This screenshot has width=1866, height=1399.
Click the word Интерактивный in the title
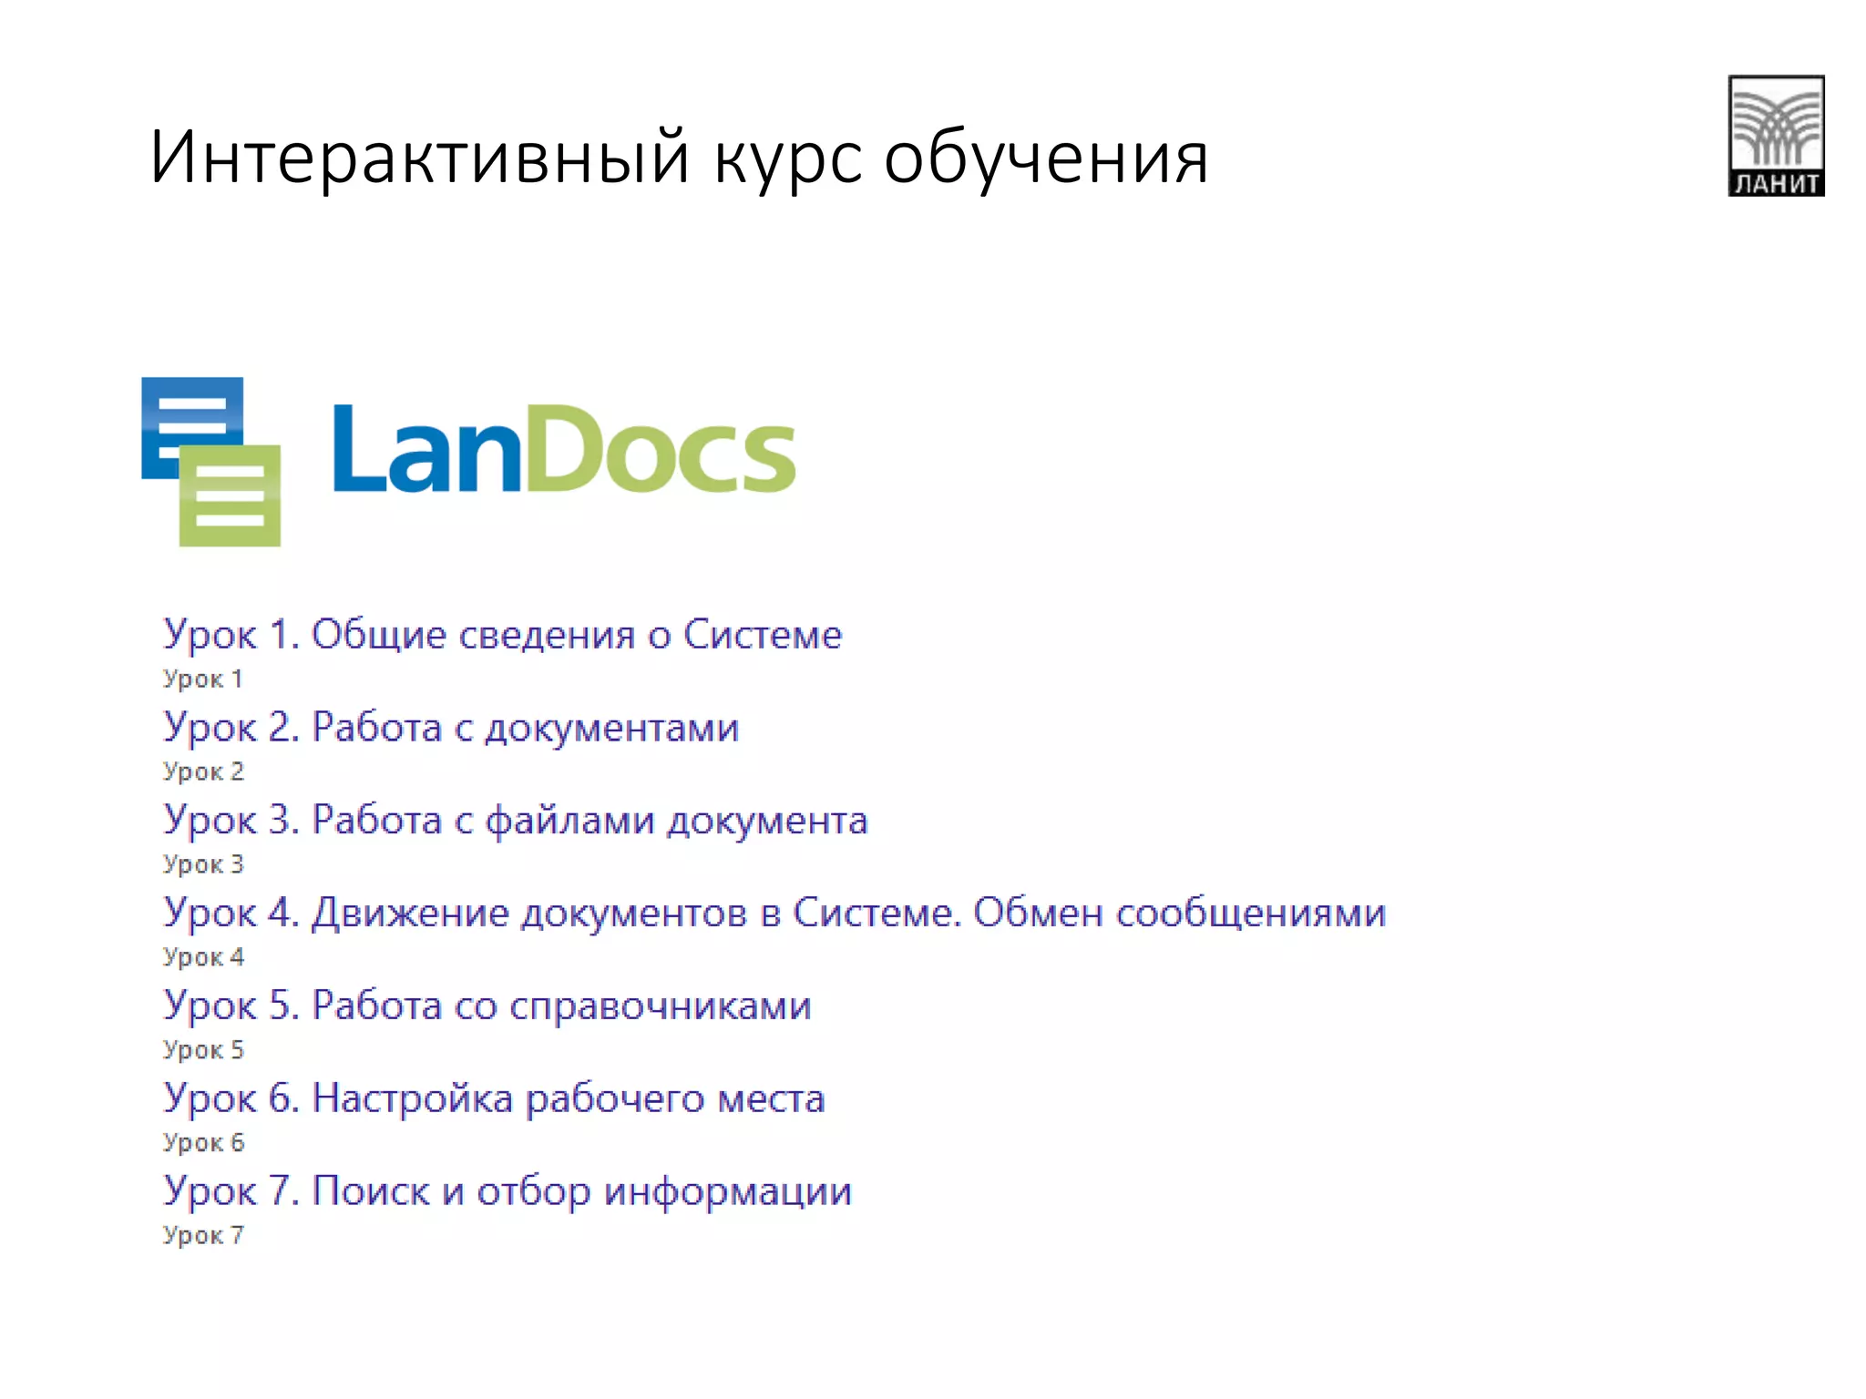(x=419, y=158)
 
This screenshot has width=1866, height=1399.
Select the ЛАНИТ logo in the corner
(x=1776, y=136)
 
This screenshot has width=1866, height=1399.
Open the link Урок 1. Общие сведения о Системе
(x=502, y=635)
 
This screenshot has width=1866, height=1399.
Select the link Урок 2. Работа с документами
(x=450, y=728)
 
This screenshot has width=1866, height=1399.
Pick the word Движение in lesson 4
(x=409, y=913)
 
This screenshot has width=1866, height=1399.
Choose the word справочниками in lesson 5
(x=660, y=1006)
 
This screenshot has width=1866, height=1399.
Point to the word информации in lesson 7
(x=727, y=1191)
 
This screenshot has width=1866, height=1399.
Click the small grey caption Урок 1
(x=202, y=679)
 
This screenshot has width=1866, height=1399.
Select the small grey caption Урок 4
(x=203, y=957)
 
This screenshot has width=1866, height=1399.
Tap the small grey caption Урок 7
(x=203, y=1236)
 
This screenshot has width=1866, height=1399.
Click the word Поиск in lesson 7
(x=370, y=1191)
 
